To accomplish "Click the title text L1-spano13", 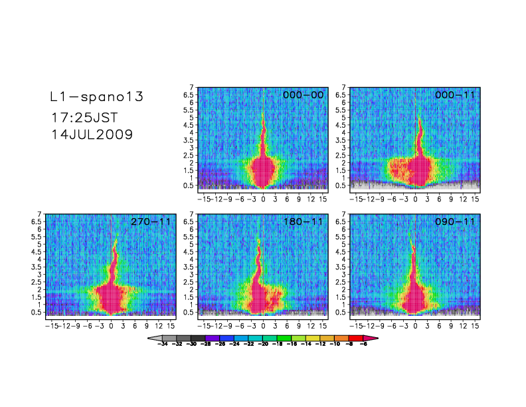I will (97, 97).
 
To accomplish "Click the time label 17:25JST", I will (84, 117).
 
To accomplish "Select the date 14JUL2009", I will (92, 134).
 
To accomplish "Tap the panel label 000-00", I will (304, 95).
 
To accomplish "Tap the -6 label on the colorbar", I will (363, 345).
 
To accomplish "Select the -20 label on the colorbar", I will (263, 345).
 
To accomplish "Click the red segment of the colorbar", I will (356, 339).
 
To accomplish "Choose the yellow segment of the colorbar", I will (313, 339).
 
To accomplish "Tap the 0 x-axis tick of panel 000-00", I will (263, 199).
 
